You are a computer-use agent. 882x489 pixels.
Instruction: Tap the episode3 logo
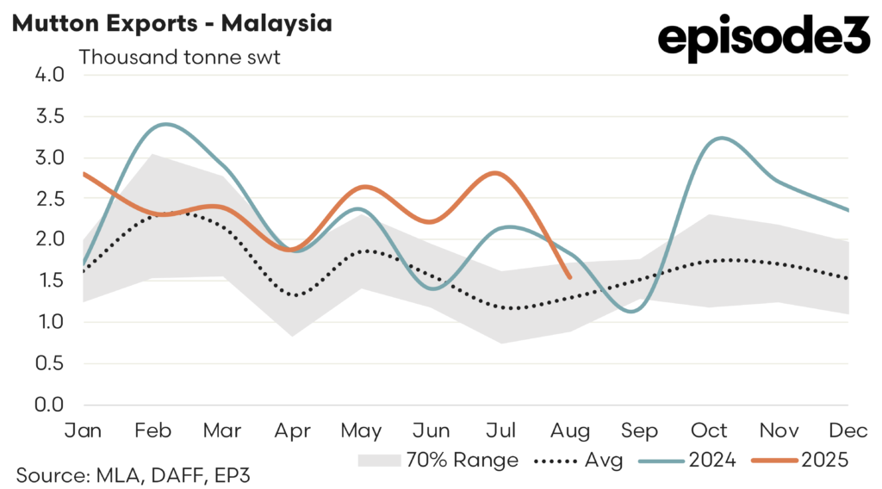pyautogui.click(x=763, y=39)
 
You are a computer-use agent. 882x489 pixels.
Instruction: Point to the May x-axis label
pyautogui.click(x=362, y=430)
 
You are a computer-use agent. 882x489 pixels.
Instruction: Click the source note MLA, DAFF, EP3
pyautogui.click(x=133, y=474)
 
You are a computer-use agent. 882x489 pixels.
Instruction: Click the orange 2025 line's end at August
pyautogui.click(x=569, y=277)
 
